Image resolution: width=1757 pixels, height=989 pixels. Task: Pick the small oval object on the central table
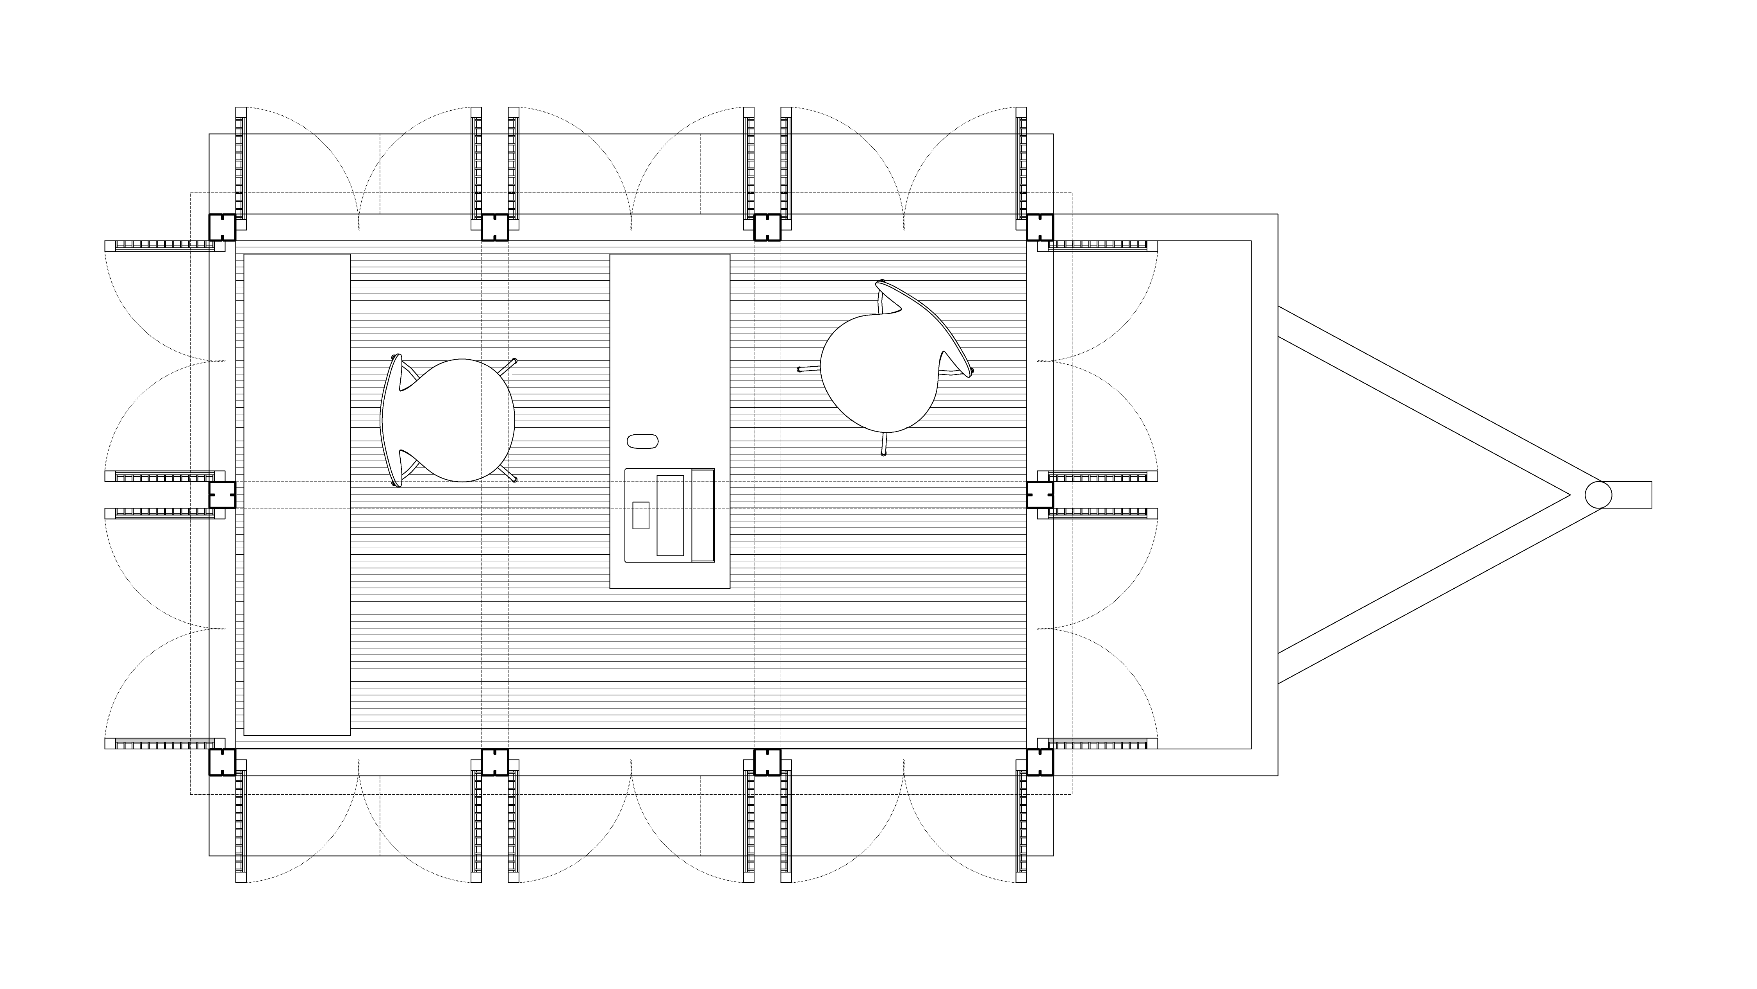pyautogui.click(x=642, y=441)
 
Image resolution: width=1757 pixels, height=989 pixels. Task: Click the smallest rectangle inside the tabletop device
pyautogui.click(x=640, y=515)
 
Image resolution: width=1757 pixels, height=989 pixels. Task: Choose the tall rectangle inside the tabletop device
pyautogui.click(x=670, y=515)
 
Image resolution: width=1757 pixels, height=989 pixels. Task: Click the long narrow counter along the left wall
pyautogui.click(x=297, y=495)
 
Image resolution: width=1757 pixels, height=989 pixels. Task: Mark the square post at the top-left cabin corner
pyautogui.click(x=222, y=227)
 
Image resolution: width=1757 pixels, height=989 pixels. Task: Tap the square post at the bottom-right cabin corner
pyautogui.click(x=1040, y=762)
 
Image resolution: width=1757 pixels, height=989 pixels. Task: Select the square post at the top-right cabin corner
pyautogui.click(x=1040, y=227)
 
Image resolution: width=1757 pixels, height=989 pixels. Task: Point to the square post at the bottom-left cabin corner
pyautogui.click(x=222, y=762)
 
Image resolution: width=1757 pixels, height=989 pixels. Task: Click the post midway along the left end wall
pyautogui.click(x=222, y=495)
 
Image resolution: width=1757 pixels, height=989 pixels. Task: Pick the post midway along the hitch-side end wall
pyautogui.click(x=1040, y=495)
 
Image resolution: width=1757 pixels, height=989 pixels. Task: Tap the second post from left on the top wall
pyautogui.click(x=494, y=227)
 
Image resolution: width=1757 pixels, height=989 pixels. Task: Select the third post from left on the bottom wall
pyautogui.click(x=767, y=762)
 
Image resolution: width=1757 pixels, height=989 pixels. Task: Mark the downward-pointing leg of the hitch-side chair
pyautogui.click(x=883, y=444)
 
